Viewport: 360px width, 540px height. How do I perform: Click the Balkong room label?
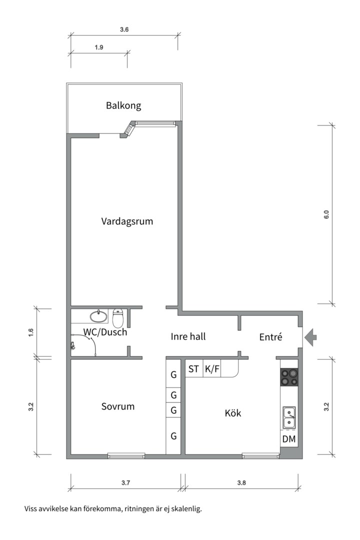[123, 105]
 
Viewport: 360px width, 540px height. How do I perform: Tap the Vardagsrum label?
[127, 221]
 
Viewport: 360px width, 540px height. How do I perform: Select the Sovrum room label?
[118, 406]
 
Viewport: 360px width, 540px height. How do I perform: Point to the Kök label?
[233, 413]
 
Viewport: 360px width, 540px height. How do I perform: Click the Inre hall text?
[188, 336]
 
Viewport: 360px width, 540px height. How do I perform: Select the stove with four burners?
[289, 377]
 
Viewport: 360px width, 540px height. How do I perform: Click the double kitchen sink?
[289, 417]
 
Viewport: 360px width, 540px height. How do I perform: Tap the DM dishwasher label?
[288, 439]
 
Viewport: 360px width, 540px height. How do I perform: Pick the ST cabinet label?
[193, 369]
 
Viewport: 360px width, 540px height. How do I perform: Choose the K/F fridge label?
[212, 369]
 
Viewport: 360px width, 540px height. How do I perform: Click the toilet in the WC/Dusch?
[118, 318]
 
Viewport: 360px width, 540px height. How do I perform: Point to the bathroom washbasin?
[98, 316]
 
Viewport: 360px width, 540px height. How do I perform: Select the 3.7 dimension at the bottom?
[125, 483]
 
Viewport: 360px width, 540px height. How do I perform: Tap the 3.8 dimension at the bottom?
[241, 483]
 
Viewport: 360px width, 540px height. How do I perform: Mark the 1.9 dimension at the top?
[98, 47]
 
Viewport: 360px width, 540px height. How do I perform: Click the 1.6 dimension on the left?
[31, 332]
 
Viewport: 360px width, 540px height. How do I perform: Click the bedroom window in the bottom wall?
[126, 455]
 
